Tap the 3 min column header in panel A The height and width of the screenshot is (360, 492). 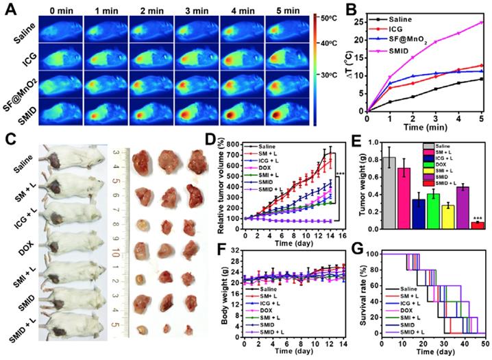point(194,11)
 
